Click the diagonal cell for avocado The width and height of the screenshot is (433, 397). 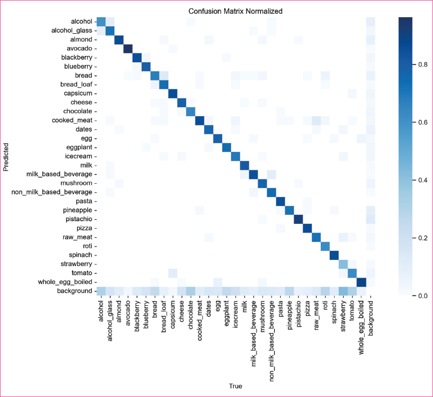coord(128,49)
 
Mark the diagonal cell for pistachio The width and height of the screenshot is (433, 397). coord(298,219)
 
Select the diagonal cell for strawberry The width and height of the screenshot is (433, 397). coord(343,264)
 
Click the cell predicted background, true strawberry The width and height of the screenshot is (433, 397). coord(343,291)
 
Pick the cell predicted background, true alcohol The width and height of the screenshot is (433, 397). coord(101,291)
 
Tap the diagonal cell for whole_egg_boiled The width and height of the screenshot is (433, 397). coord(361,282)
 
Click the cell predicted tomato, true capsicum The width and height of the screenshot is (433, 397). coord(173,273)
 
